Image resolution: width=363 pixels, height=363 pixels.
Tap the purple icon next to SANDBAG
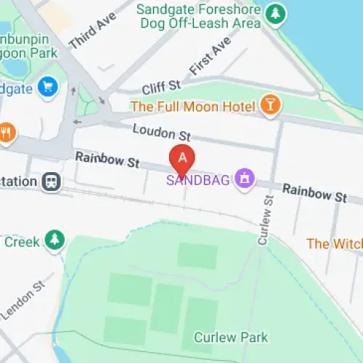pos(245,177)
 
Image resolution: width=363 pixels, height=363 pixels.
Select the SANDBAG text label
pos(200,179)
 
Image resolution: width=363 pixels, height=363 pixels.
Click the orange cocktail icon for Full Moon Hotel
pos(270,106)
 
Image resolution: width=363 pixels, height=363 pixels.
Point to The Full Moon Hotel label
pos(192,107)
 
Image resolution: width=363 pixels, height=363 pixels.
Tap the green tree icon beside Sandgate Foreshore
pos(274,13)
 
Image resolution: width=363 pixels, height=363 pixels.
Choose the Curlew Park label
pos(230,337)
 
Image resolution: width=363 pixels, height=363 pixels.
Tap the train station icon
pos(52,180)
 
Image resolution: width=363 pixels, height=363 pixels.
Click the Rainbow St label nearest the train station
pos(107,160)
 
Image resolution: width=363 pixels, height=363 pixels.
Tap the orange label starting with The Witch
pos(334,244)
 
